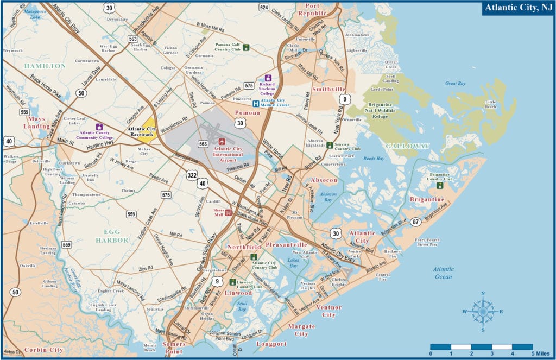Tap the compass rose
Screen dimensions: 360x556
(x=483, y=311)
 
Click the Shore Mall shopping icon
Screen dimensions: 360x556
(x=229, y=213)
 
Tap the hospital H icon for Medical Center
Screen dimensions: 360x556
(x=255, y=103)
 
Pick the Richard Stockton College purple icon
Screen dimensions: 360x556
(x=268, y=79)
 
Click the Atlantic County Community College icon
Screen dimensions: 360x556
(x=99, y=127)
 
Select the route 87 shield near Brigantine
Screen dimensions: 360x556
(x=415, y=222)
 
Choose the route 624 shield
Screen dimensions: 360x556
(x=264, y=7)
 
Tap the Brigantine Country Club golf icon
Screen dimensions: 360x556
(x=440, y=185)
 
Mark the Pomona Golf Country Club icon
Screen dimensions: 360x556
(x=246, y=47)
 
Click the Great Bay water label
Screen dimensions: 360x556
(x=455, y=84)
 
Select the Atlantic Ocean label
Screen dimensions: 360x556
(x=443, y=273)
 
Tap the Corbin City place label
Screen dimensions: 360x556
(x=43, y=350)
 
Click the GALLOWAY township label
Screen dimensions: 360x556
(x=407, y=146)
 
